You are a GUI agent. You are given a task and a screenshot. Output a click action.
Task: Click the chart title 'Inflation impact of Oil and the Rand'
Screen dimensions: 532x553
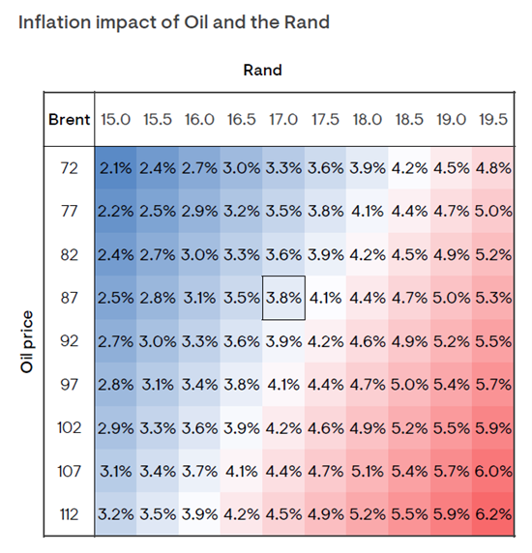click(174, 22)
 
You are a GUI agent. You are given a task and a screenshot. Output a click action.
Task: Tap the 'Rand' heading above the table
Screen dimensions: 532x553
click(262, 70)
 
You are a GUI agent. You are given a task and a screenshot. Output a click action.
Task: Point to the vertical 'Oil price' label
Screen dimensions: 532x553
click(27, 341)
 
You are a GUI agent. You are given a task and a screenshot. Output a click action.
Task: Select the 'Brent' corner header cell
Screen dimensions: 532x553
click(69, 119)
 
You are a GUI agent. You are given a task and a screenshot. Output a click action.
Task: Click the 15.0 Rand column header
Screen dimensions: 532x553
click(115, 119)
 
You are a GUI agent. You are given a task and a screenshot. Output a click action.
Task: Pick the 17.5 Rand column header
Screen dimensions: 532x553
click(325, 119)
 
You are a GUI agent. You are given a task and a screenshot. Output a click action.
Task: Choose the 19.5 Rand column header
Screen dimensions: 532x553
click(493, 119)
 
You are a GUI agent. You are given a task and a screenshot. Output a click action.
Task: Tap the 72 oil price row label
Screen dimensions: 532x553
click(69, 168)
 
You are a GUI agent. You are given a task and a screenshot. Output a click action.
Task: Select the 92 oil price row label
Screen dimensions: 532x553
click(69, 341)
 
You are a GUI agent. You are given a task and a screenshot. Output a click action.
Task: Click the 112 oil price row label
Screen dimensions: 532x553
click(69, 514)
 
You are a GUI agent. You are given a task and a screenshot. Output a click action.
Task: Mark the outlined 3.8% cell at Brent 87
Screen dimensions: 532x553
click(283, 298)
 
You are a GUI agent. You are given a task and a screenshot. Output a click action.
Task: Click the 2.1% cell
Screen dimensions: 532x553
click(115, 168)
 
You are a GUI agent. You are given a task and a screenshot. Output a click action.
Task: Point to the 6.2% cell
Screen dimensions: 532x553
click(493, 514)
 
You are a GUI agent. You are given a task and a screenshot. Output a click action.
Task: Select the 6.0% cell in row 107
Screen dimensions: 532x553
click(493, 471)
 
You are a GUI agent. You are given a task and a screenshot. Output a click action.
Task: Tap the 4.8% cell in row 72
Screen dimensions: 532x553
click(493, 168)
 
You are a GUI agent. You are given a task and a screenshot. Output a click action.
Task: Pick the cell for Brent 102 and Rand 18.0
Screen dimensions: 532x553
click(368, 427)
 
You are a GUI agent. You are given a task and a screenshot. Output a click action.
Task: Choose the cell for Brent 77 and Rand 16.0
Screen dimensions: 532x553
click(199, 212)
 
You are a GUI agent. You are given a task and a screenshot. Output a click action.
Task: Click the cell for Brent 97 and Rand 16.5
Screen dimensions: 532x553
click(241, 385)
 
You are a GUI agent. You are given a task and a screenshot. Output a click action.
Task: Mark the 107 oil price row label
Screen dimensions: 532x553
click(69, 471)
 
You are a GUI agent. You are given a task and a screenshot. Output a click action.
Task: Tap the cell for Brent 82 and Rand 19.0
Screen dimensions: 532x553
click(451, 254)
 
